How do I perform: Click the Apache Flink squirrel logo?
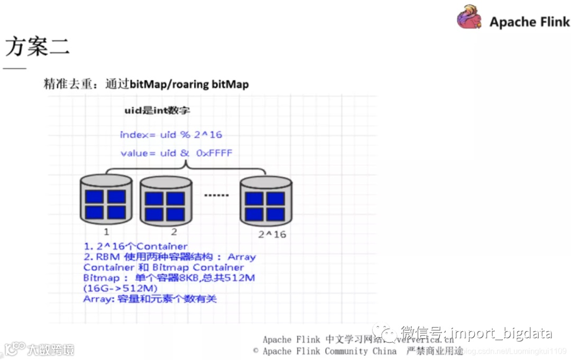[469, 18]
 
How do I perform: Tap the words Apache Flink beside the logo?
[529, 22]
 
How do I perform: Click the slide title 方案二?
[37, 47]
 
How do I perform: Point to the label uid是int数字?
[156, 111]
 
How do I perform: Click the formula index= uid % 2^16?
[171, 134]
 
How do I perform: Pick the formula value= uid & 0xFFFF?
[176, 153]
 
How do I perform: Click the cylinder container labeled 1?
[106, 199]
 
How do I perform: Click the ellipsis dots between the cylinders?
[217, 196]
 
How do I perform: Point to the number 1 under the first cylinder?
[106, 232]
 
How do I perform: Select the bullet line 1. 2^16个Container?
[135, 246]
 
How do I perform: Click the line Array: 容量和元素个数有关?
[150, 299]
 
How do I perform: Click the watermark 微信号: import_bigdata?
[476, 333]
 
